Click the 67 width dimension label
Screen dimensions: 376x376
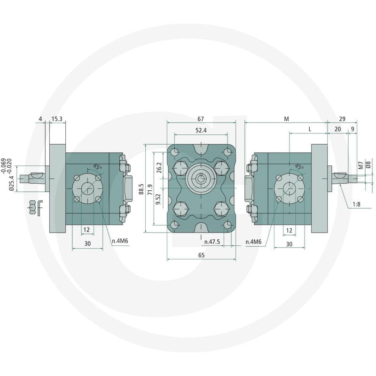point(201,119)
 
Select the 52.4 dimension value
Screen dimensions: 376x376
point(201,130)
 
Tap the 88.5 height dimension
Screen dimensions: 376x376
point(141,189)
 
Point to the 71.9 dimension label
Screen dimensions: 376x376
point(150,189)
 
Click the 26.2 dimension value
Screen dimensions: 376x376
point(159,168)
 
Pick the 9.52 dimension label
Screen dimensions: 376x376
point(158,199)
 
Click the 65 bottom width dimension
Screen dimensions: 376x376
point(202,255)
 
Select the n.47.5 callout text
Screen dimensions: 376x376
point(212,242)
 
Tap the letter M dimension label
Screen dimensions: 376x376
point(286,119)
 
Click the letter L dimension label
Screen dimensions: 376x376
point(310,130)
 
